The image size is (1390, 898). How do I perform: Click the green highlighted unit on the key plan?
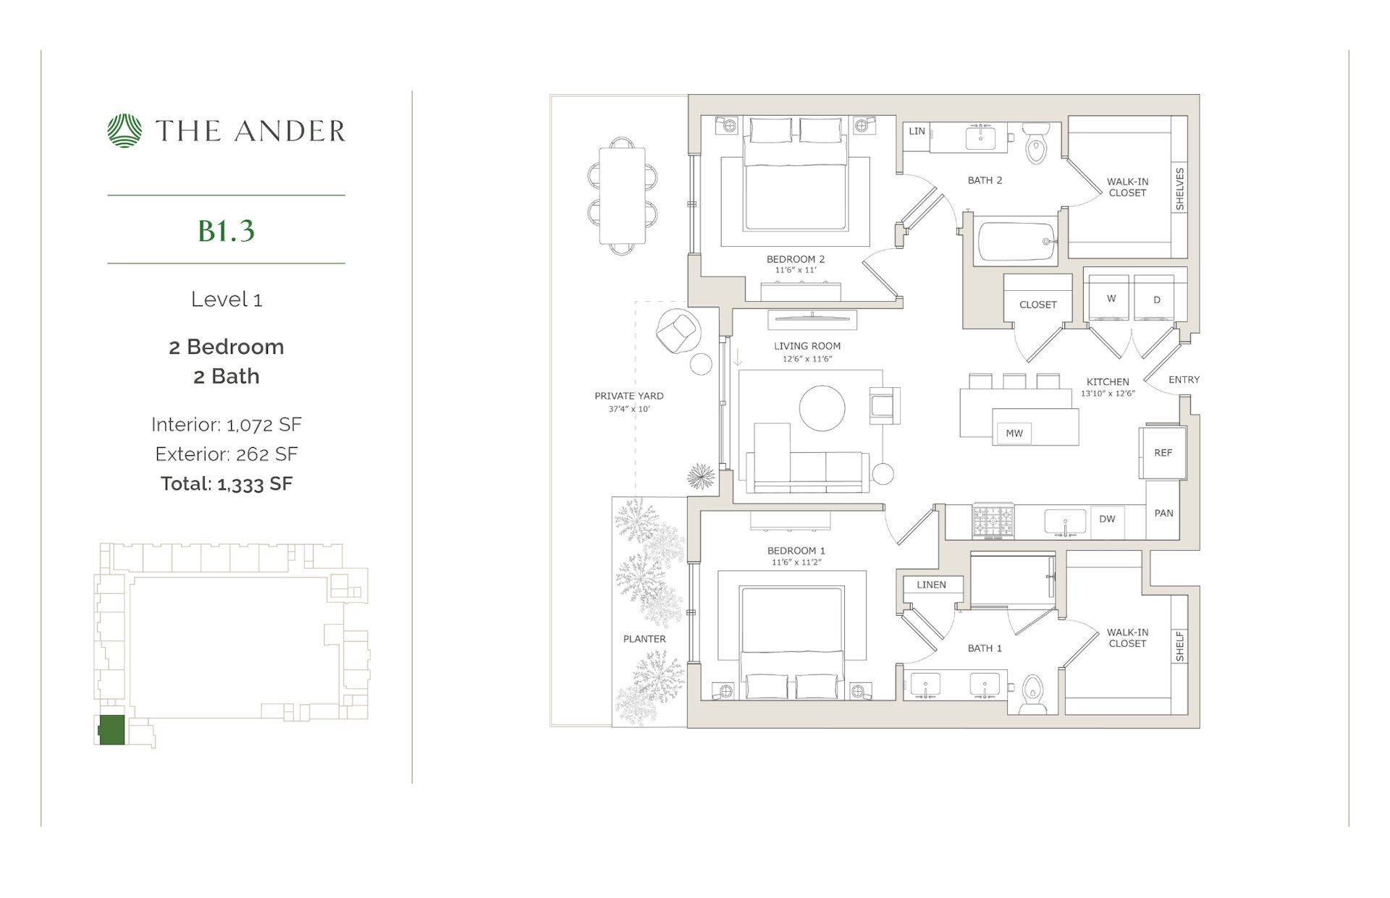click(111, 729)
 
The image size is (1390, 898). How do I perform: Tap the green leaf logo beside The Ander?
click(125, 131)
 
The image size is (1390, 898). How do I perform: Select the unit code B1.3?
click(226, 230)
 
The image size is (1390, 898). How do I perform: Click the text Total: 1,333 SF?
click(226, 483)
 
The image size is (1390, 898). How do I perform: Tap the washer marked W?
click(1111, 298)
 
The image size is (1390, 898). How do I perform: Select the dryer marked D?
click(1156, 299)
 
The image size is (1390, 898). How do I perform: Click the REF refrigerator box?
click(1163, 453)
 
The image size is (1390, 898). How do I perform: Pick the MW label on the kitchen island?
click(1014, 433)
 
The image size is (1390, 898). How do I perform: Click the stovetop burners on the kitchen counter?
click(993, 521)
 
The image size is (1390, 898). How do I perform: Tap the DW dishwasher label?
click(1107, 519)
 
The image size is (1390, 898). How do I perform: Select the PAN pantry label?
click(1163, 513)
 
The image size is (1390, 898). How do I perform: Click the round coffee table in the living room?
click(822, 409)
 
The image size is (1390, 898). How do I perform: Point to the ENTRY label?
click(1184, 379)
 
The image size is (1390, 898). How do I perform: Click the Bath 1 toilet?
click(1032, 694)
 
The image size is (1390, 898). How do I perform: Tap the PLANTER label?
click(644, 639)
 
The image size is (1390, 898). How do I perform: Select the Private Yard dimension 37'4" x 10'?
click(629, 409)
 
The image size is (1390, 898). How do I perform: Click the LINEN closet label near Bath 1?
click(931, 585)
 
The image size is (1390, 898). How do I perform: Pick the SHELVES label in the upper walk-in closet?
click(1179, 189)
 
